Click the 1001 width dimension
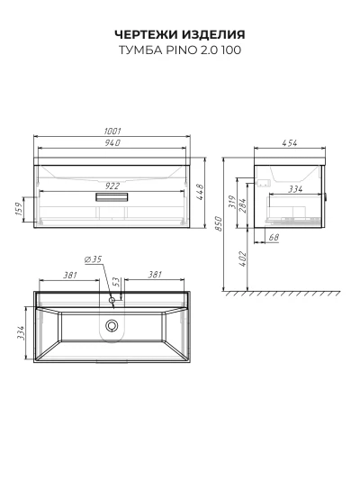112,132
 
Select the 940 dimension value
112,143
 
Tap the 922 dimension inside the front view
112,186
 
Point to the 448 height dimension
200,192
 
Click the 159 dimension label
20,209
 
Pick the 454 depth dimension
289,143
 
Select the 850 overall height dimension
218,223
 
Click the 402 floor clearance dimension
242,259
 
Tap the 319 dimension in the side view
232,202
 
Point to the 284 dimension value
242,206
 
